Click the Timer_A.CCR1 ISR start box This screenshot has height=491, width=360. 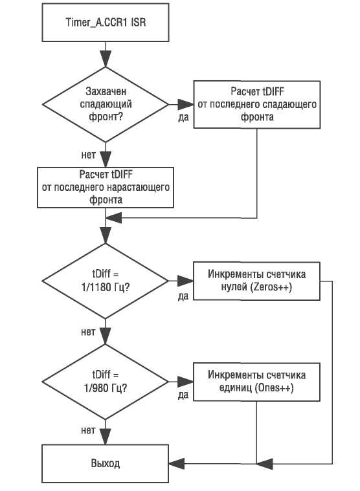(x=106, y=22)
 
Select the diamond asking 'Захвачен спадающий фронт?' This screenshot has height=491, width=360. (x=106, y=105)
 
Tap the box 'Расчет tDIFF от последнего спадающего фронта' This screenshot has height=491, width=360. (x=257, y=105)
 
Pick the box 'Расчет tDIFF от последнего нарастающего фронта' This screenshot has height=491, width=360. (x=106, y=187)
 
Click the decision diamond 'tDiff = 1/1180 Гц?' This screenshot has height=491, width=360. (x=106, y=281)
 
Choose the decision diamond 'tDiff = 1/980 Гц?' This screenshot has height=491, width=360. (x=106, y=382)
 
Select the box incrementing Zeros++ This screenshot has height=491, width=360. (x=256, y=281)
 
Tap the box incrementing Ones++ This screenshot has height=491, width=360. (x=256, y=382)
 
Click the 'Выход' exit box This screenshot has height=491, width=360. (x=106, y=463)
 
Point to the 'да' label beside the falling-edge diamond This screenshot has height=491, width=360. (x=184, y=117)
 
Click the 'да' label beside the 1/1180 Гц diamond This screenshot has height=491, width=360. (x=183, y=296)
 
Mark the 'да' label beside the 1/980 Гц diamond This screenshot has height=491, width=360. (x=183, y=395)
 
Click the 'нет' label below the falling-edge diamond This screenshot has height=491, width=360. (x=88, y=155)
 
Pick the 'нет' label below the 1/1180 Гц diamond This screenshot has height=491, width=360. (x=88, y=332)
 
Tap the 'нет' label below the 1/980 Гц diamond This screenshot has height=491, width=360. (x=88, y=430)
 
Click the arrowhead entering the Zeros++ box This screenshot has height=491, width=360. (x=185, y=281)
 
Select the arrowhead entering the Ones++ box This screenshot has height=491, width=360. (x=185, y=382)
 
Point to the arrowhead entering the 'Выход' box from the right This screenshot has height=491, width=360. (x=177, y=463)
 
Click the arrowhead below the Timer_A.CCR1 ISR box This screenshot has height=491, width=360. (x=106, y=58)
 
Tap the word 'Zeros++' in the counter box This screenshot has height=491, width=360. (x=270, y=287)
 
